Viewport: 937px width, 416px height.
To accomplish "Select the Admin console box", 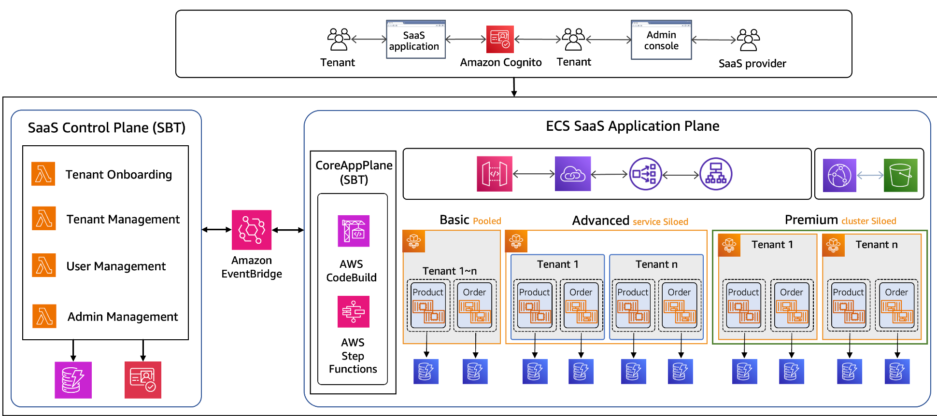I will pos(661,40).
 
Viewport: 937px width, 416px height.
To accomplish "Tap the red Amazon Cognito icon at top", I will pos(500,39).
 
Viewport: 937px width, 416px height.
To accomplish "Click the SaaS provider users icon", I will pos(748,40).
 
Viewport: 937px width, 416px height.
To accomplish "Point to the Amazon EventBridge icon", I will pos(252,230).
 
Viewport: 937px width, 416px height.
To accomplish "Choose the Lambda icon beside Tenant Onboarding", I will pos(43,174).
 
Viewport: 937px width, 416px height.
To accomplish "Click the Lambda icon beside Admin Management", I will pos(44,316).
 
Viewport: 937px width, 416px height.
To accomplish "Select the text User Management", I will pos(116,266).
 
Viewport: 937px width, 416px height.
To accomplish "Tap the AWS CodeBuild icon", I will pos(354,231).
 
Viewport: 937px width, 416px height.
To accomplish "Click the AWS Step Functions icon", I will pos(354,312).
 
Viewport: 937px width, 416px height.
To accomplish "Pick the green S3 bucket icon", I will pos(900,175).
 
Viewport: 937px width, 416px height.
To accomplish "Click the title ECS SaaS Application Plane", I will pos(632,126).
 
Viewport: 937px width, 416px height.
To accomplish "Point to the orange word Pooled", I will pos(487,221).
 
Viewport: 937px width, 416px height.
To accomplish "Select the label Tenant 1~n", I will pos(449,271).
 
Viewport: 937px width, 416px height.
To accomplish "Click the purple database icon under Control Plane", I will pos(73,380).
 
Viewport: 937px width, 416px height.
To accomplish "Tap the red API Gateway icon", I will pos(494,174).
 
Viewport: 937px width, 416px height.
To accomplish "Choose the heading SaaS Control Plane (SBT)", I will pos(107,128).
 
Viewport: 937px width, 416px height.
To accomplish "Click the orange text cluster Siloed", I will pos(868,221).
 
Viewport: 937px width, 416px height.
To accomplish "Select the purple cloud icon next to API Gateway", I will pos(573,174).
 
